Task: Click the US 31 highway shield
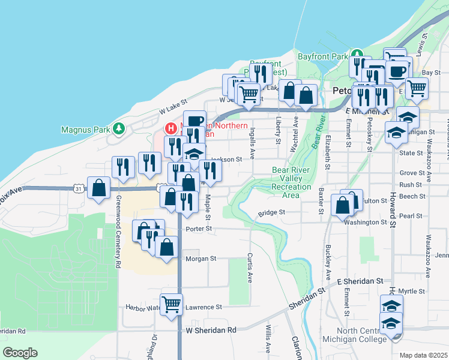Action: click(x=79, y=188)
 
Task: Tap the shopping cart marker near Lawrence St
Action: click(x=171, y=304)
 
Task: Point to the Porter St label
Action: click(x=200, y=229)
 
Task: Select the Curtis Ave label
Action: click(x=250, y=268)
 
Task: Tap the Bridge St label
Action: click(x=271, y=212)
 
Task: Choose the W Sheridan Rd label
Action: click(x=211, y=330)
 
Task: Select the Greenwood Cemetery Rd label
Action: click(x=118, y=232)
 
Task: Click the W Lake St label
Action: click(x=173, y=107)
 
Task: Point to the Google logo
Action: click(x=20, y=353)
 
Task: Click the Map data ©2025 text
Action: click(x=423, y=355)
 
